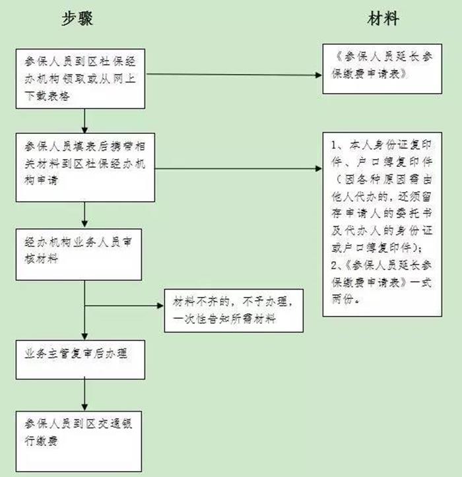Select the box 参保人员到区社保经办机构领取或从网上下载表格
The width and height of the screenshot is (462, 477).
[82, 78]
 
